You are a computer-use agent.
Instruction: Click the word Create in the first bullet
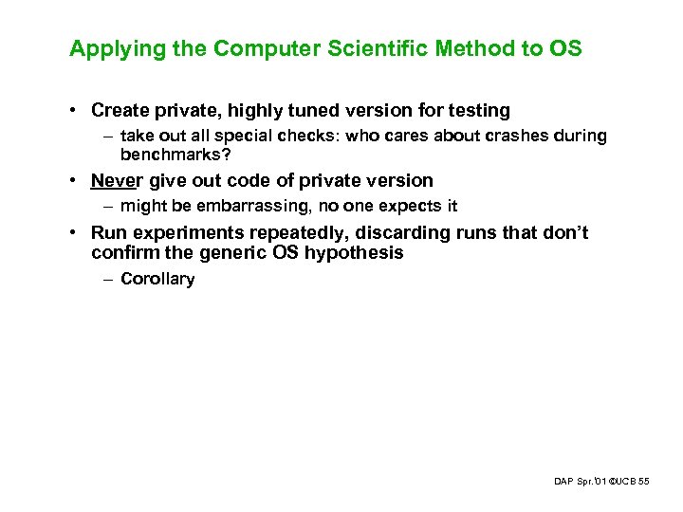(120, 110)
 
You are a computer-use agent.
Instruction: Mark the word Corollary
(157, 279)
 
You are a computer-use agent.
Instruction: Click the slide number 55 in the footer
(644, 483)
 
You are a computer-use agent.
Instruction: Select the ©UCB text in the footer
(620, 483)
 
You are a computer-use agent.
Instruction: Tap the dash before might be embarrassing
(108, 206)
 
